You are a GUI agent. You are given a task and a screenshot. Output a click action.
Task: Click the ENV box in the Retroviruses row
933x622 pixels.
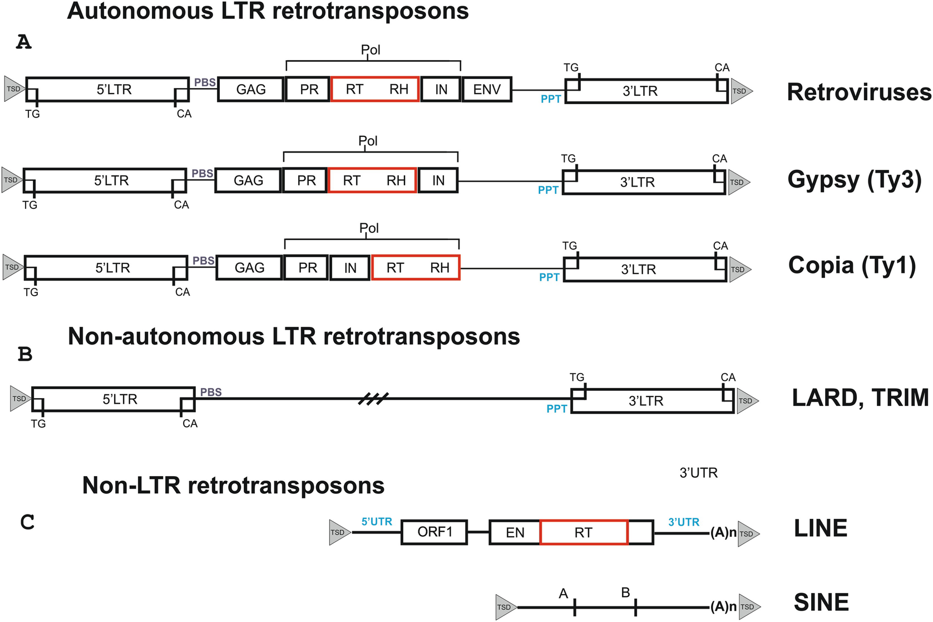(x=487, y=89)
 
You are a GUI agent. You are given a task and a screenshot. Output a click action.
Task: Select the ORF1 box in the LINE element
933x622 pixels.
(x=435, y=532)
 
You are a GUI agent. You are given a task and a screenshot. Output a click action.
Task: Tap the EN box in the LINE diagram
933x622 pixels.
(x=515, y=533)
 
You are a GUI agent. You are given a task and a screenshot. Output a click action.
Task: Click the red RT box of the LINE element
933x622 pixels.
(x=584, y=533)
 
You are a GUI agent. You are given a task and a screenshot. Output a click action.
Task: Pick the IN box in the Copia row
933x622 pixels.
(x=350, y=268)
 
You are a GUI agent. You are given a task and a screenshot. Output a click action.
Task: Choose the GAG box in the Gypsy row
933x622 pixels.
(x=248, y=180)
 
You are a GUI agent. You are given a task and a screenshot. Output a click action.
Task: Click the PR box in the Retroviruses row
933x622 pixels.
(x=309, y=89)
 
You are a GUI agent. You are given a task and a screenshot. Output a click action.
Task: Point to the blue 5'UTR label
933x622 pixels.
(x=377, y=522)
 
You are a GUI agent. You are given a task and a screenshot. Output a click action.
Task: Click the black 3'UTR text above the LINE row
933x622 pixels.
(x=699, y=473)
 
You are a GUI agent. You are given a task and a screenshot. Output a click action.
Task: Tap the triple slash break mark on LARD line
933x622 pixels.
(x=373, y=399)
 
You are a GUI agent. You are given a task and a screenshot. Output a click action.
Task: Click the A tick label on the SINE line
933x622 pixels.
(x=564, y=594)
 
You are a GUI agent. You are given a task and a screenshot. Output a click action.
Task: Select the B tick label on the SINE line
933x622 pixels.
(x=625, y=592)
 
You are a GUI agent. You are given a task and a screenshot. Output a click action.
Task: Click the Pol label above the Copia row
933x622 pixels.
(x=369, y=228)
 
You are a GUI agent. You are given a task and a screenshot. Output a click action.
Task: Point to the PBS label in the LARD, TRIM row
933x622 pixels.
(x=211, y=392)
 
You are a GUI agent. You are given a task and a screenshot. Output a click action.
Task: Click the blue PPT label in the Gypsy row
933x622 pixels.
(x=548, y=190)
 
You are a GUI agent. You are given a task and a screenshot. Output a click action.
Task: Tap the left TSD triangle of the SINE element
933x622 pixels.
(x=505, y=607)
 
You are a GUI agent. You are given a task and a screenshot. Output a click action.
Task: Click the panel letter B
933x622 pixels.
(x=25, y=354)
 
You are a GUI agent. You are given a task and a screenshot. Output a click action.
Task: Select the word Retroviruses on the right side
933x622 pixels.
(x=858, y=92)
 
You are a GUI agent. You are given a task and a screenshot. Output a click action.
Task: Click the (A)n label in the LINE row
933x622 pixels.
(x=723, y=533)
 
